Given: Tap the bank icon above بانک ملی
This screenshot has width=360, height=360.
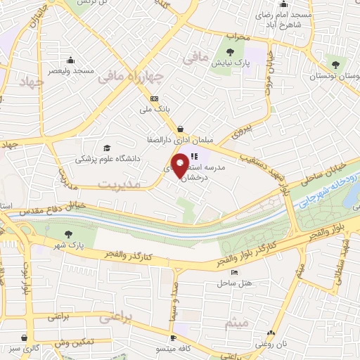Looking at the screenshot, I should pyautogui.click(x=155, y=98).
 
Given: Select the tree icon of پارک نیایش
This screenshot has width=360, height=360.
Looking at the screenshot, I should pyautogui.click(x=230, y=51).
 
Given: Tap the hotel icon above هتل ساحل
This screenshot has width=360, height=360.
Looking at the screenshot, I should pyautogui.click(x=234, y=273).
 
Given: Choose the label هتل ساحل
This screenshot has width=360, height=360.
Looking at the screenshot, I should pyautogui.click(x=230, y=283).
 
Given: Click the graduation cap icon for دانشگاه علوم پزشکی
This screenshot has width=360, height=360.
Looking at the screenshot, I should pyautogui.click(x=107, y=148).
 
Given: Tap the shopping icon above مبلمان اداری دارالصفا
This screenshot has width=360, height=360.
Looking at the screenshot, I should pyautogui.click(x=181, y=129).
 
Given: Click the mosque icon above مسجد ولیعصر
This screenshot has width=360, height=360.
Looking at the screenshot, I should pyautogui.click(x=70, y=60).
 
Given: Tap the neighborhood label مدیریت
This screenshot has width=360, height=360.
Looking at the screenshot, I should pyautogui.click(x=120, y=184).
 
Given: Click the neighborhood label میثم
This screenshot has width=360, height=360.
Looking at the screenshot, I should pyautogui.click(x=237, y=323).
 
